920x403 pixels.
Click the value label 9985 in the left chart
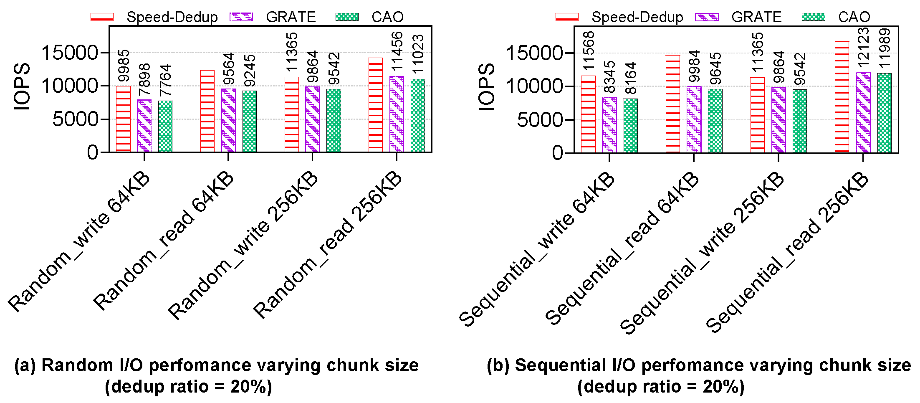pyautogui.click(x=124, y=66)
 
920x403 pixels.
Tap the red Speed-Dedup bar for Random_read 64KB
pyautogui.click(x=207, y=111)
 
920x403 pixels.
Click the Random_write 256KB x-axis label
pyautogui.click(x=243, y=246)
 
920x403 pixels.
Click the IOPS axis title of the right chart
pyautogui.click(x=486, y=87)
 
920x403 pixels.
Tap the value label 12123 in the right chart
pyautogui.click(x=864, y=47)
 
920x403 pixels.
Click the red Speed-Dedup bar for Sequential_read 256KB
pyautogui.click(x=842, y=97)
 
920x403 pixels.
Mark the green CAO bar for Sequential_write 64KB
pyautogui.click(x=631, y=125)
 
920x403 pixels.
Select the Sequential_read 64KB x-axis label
pyautogui.click(x=622, y=249)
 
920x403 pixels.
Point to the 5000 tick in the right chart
pyautogui.click(x=534, y=120)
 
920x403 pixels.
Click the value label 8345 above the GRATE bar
pyautogui.click(x=610, y=77)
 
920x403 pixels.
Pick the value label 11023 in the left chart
pyautogui.click(x=418, y=54)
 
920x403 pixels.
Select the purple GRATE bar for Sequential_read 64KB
pyautogui.click(x=694, y=119)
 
